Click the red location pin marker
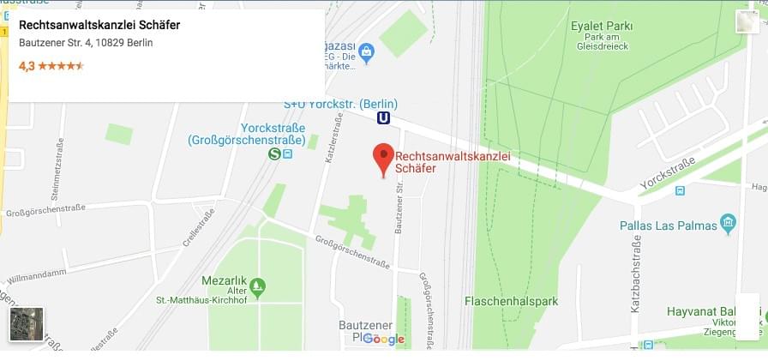point(383,159)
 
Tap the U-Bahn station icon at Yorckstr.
point(383,118)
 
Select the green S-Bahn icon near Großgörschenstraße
point(274,154)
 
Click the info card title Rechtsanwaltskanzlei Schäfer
point(99,25)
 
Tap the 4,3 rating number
point(27,65)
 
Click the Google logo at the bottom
point(383,340)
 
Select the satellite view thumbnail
point(26,324)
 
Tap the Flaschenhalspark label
point(511,301)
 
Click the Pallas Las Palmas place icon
point(729,226)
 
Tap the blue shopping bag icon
point(366,52)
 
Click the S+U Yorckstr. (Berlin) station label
point(340,105)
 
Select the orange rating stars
point(61,65)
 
